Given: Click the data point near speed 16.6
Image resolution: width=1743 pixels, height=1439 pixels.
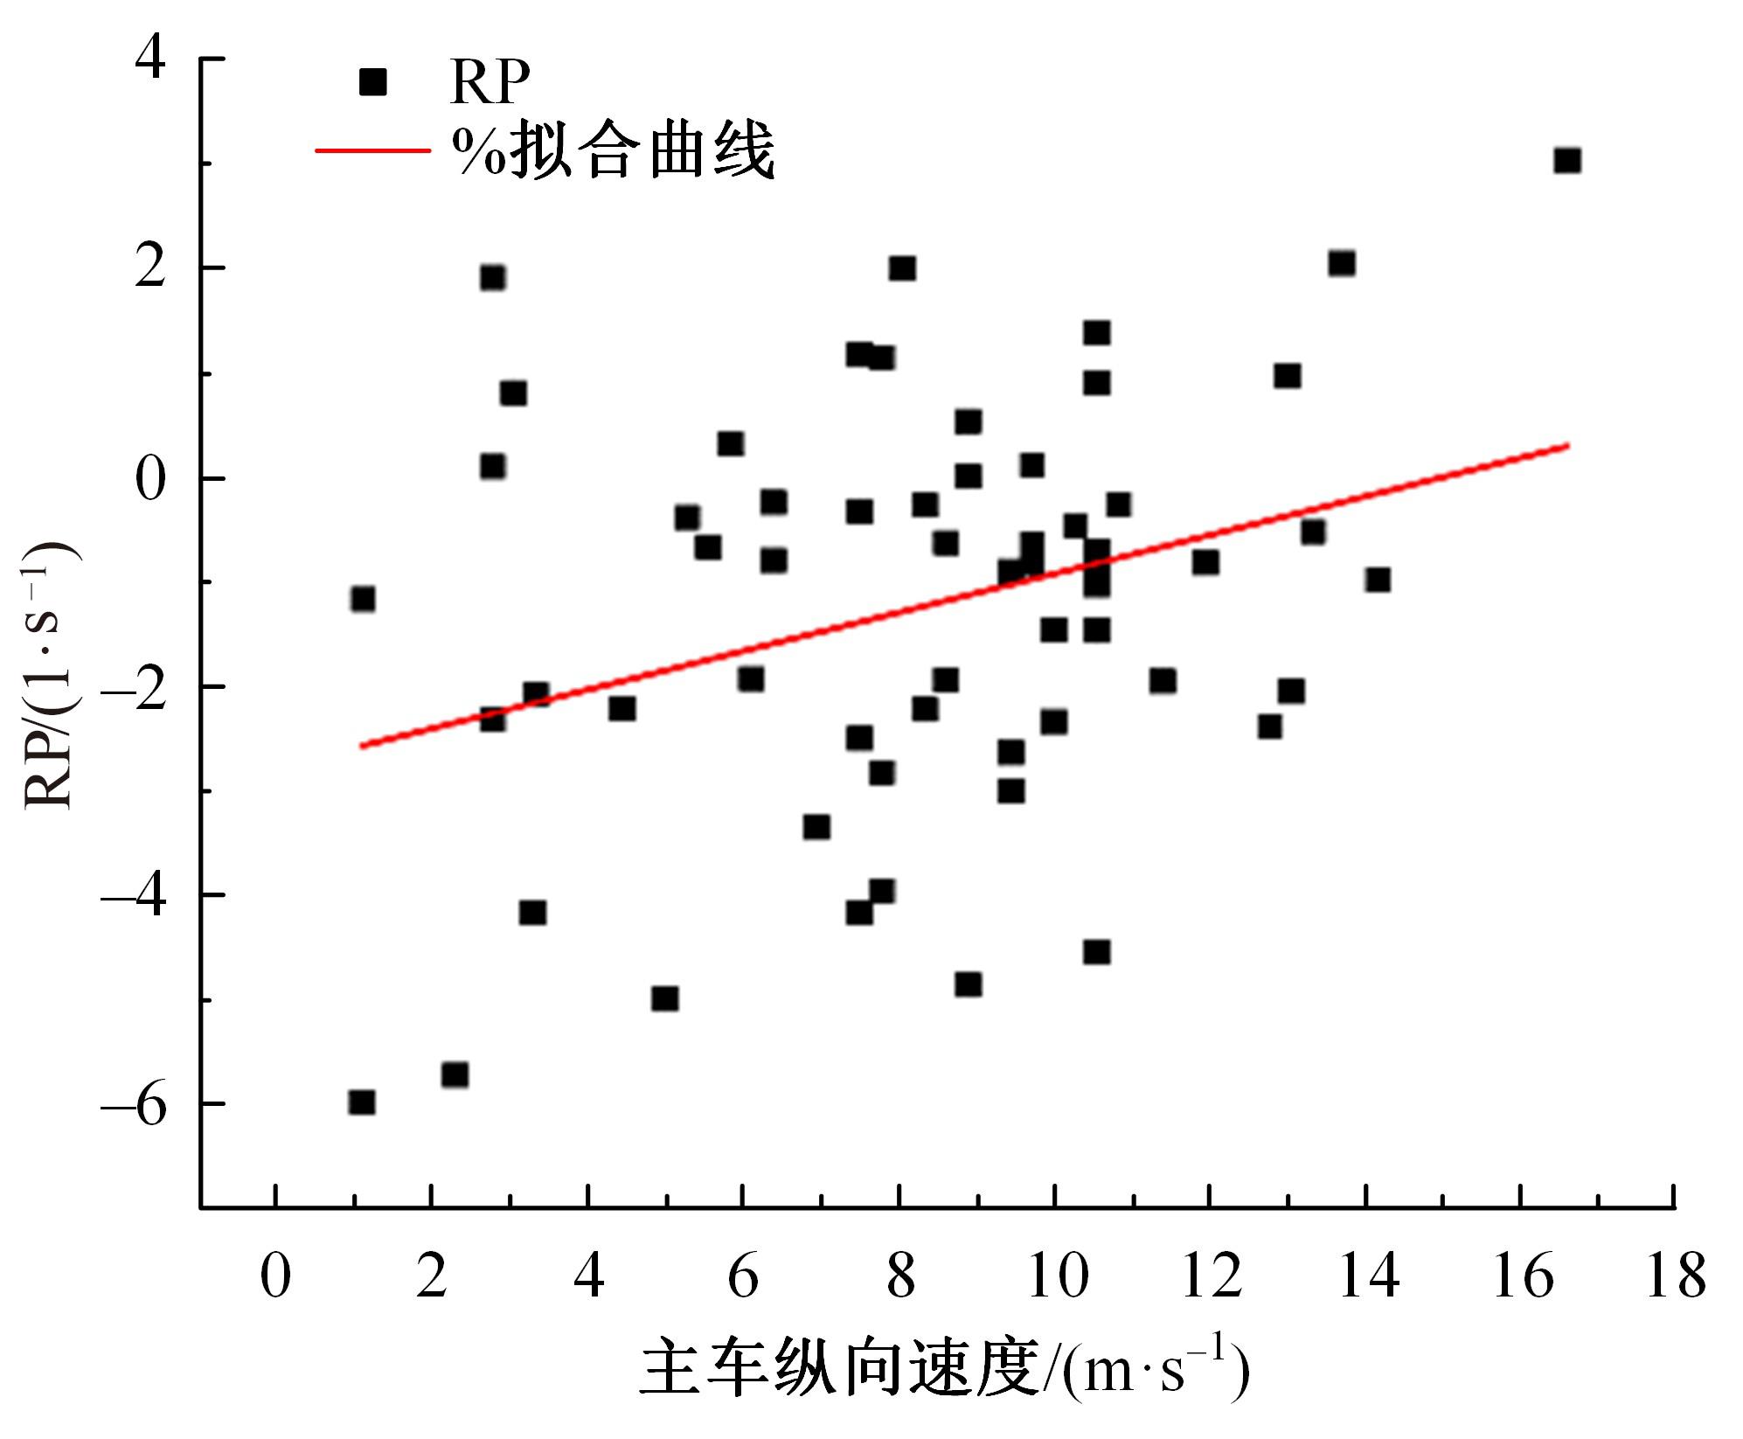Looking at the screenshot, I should tap(1566, 161).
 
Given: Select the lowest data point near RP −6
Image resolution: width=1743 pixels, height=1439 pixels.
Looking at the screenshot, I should tap(362, 1102).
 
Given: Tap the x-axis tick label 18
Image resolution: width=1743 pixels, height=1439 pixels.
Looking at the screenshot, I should tap(1675, 1277).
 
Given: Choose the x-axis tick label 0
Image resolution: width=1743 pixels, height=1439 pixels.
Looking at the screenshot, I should tap(275, 1277).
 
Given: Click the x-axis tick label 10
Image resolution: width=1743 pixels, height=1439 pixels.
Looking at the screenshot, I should tap(1057, 1277).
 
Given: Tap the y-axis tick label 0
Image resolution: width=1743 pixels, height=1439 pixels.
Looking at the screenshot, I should tap(150, 479).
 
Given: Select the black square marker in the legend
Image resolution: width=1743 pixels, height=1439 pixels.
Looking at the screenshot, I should tap(373, 83).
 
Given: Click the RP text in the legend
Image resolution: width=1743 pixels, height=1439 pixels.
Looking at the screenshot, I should tap(490, 83).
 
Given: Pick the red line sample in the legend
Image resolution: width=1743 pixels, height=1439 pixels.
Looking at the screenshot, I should tap(372, 150).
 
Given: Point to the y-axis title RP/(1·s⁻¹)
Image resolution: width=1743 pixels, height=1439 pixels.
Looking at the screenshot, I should tap(49, 678).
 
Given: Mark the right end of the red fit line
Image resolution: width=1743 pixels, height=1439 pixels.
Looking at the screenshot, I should tap(1568, 446).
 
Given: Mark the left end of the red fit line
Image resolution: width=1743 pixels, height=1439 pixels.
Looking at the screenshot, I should tap(361, 746).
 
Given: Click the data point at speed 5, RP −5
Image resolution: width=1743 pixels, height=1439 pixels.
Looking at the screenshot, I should tap(664, 998).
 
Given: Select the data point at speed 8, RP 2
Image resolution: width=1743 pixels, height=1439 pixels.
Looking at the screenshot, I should tap(902, 268).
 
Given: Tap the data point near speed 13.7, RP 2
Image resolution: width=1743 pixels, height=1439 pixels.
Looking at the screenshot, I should tap(1342, 264).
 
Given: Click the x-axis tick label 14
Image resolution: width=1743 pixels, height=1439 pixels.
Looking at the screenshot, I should tap(1368, 1277).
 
